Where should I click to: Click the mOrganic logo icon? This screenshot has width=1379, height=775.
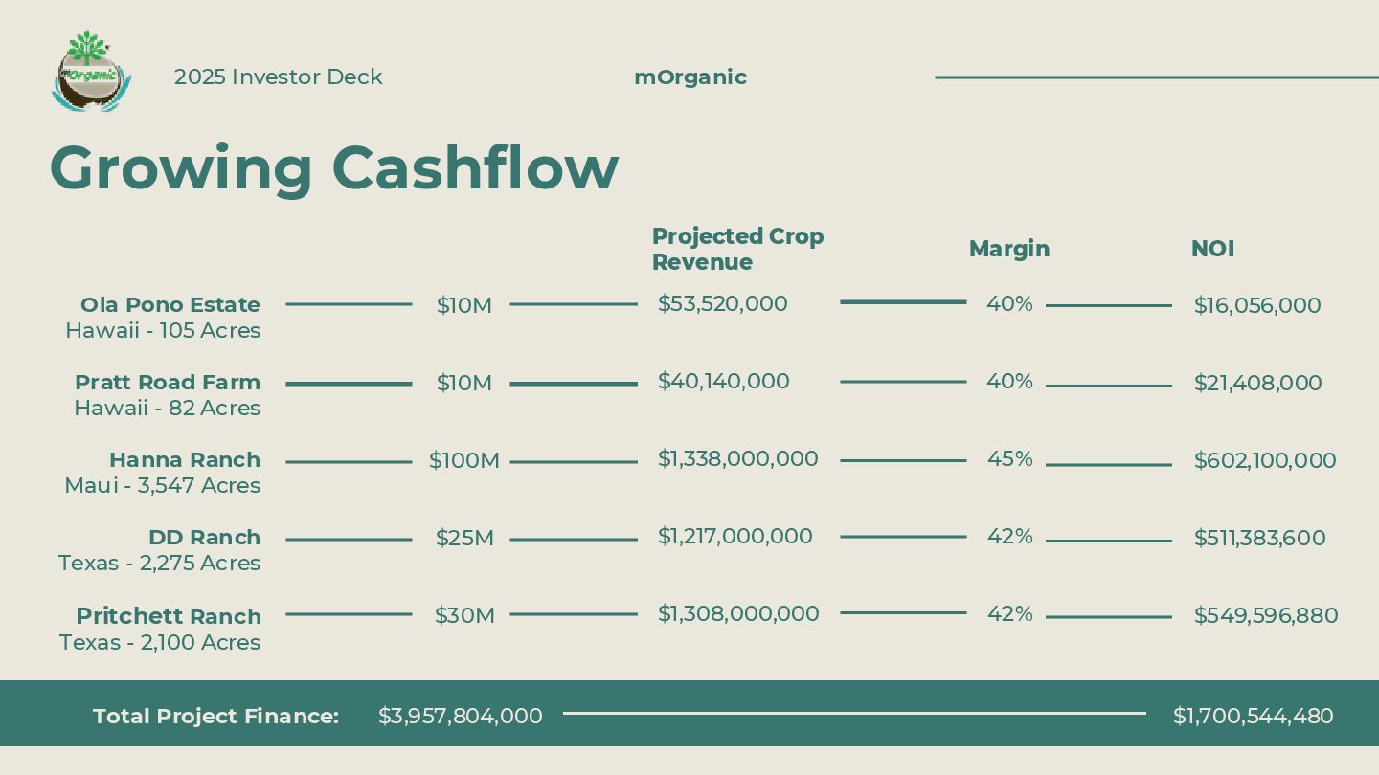click(x=91, y=72)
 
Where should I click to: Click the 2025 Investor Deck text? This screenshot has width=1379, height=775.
click(x=278, y=77)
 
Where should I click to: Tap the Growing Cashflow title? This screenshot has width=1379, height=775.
click(x=333, y=168)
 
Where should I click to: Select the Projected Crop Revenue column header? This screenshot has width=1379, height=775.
click(x=737, y=249)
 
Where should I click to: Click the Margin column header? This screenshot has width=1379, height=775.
click(x=1009, y=249)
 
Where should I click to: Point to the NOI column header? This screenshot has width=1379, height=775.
click(x=1212, y=249)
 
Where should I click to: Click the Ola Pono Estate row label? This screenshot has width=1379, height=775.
click(x=170, y=305)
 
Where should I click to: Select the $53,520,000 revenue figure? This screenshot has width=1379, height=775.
click(x=722, y=304)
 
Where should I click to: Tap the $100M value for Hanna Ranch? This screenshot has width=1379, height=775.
click(x=464, y=461)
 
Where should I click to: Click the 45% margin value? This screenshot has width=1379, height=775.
click(x=1009, y=459)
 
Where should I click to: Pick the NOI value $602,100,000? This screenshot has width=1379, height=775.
click(x=1264, y=461)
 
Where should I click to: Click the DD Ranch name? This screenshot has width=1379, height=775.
click(x=204, y=538)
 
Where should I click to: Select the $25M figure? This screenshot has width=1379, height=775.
click(x=464, y=539)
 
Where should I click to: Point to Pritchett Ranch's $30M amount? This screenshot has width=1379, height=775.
click(x=464, y=616)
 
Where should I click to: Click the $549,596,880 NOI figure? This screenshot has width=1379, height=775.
click(x=1265, y=616)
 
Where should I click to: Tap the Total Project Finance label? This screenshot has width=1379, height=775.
click(x=215, y=716)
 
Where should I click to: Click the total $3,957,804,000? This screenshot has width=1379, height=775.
click(x=460, y=716)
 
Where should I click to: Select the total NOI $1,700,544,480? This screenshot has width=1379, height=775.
click(x=1253, y=716)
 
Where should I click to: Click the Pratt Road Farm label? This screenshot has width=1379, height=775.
click(x=168, y=383)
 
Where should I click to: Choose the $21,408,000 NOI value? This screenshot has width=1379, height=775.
click(x=1257, y=384)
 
